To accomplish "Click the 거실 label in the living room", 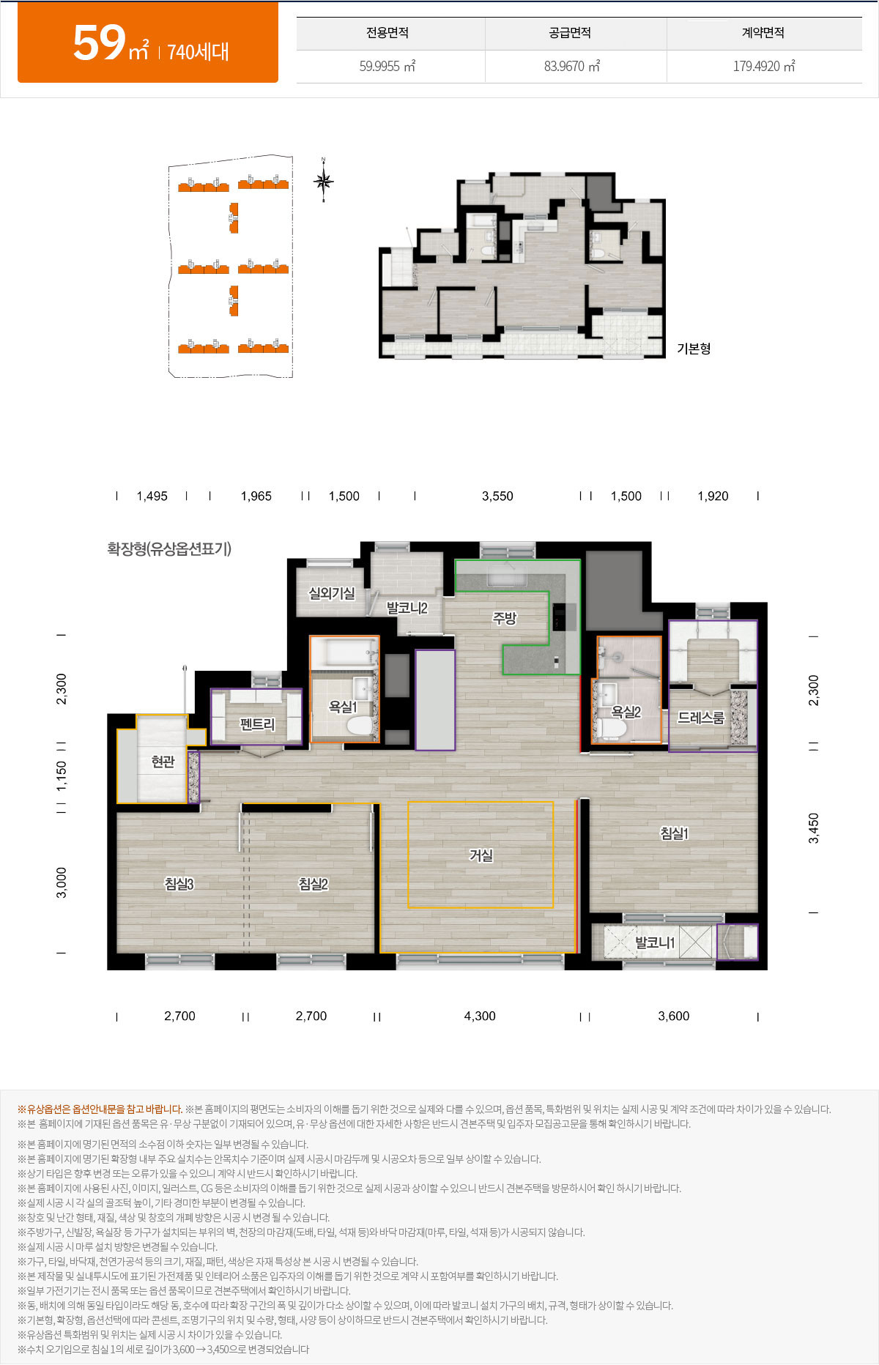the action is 481,855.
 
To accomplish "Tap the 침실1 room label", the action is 674,833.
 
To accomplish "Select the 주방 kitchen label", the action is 505,618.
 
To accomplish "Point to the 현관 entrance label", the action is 163,762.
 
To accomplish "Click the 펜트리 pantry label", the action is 257,724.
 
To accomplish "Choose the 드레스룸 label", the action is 701,718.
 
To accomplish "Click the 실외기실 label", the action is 332,593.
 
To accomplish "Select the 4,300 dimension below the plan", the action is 480,1016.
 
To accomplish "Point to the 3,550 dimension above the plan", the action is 497,496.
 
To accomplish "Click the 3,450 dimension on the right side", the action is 814,828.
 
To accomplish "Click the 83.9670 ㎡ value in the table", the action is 572,66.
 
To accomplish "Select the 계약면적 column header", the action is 763,33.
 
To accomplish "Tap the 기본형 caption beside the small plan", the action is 694,349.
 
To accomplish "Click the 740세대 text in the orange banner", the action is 199,52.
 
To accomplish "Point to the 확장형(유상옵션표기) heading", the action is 169,548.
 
